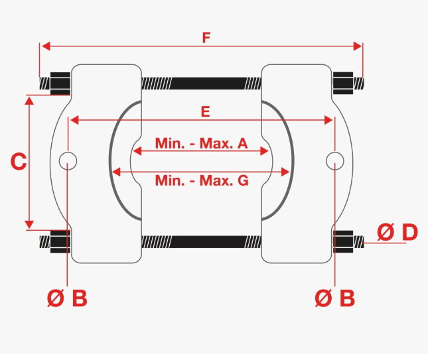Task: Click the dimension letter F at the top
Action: [x=206, y=38]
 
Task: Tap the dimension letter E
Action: [x=205, y=112]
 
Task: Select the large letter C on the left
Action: [x=19, y=162]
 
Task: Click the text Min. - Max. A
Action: [x=202, y=143]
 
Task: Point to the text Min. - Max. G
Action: [x=202, y=180]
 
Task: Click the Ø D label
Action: [x=397, y=232]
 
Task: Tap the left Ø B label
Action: [x=67, y=298]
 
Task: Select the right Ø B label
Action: [x=335, y=298]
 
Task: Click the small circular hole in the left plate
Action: [x=68, y=161]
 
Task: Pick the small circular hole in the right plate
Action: [x=335, y=161]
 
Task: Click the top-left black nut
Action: [x=60, y=84]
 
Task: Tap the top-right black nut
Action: [x=343, y=83]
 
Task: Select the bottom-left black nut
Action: [x=60, y=241]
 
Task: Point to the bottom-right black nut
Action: [x=343, y=241]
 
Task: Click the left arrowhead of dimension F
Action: [x=46, y=46]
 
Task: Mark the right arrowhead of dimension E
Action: [x=328, y=120]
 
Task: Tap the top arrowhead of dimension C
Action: [x=29, y=101]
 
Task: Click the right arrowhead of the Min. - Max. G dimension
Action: [x=285, y=172]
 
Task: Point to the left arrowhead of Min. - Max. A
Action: [x=137, y=150]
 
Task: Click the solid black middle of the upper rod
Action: [x=208, y=84]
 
